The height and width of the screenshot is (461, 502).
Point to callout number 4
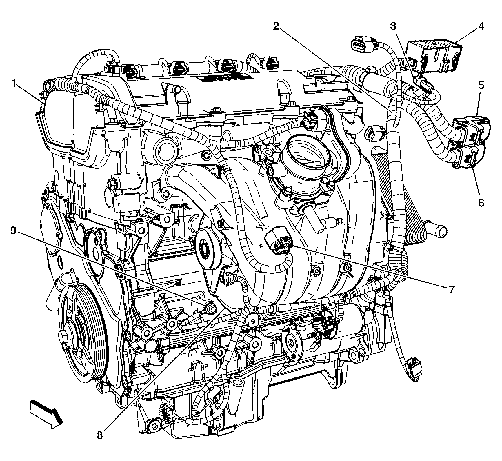click(x=481, y=26)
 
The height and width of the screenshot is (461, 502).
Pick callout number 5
click(x=481, y=85)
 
